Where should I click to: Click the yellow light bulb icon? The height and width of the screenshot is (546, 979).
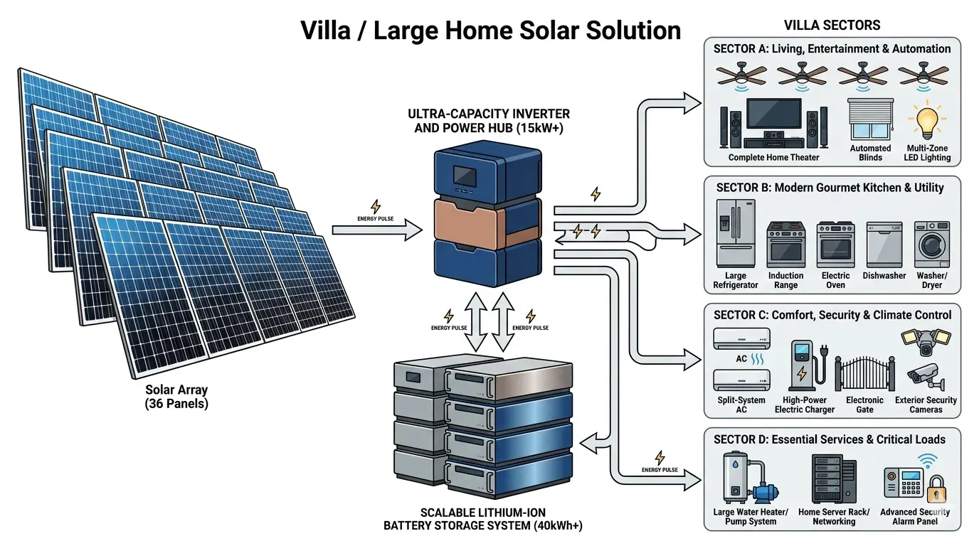tap(926, 122)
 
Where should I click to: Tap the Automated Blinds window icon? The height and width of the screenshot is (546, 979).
tap(870, 119)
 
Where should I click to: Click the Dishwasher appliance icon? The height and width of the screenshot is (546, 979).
tap(884, 244)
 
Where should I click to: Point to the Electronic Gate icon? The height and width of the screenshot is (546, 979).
tap(864, 370)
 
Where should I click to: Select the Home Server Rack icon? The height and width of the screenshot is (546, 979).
tap(833, 479)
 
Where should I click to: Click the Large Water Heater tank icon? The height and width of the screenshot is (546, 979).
tap(734, 477)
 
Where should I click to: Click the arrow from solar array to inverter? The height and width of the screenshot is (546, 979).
tap(377, 229)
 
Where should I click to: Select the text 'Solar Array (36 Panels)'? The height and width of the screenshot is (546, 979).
tap(177, 397)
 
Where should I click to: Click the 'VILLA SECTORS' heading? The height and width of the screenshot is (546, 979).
tap(832, 26)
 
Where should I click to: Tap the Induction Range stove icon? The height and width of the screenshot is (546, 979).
tap(785, 245)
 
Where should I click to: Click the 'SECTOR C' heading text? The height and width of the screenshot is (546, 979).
tap(741, 315)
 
